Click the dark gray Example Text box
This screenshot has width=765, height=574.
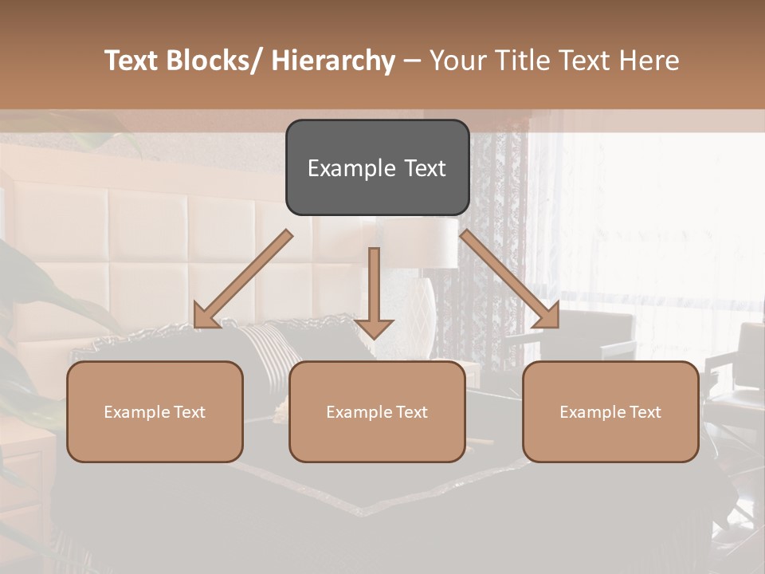377,167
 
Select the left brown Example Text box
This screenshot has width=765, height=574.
155,411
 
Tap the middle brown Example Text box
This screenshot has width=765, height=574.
377,411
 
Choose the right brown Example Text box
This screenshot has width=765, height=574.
610,411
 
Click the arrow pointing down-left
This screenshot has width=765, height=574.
242,279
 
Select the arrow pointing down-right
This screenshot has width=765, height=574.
510,279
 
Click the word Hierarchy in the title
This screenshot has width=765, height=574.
333,61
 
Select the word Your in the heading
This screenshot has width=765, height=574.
457,61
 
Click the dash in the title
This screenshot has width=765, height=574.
412,61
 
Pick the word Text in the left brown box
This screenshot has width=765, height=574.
190,412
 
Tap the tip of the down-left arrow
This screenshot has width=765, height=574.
196,327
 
